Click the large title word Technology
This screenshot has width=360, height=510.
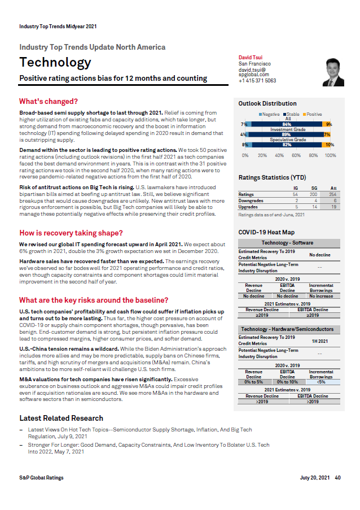pos(55,63)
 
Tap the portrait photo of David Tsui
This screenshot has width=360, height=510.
pos(332,73)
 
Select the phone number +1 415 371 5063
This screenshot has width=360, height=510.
pos(257,81)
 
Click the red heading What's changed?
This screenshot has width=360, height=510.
pos(48,102)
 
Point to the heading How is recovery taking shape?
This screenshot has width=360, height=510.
pos(71,233)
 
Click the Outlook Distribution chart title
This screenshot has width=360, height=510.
pos(267,103)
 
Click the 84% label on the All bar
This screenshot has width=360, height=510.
pos(287,124)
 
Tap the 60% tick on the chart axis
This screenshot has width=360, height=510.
pos(296,155)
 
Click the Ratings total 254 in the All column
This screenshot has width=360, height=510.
pos(333,194)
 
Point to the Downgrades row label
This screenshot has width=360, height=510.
pos(251,200)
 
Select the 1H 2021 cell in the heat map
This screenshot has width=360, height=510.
pos(319,341)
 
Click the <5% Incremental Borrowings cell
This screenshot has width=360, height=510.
pos(322,382)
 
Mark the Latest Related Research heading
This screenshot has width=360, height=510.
pos(61,418)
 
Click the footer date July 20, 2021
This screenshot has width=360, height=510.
pos(314,478)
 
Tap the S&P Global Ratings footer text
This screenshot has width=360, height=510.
pos(41,478)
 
